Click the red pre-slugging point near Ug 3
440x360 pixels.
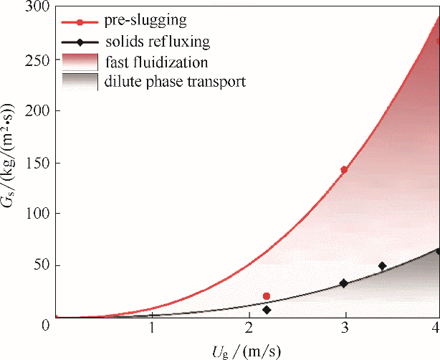tap(344, 170)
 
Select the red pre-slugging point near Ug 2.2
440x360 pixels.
tap(267, 296)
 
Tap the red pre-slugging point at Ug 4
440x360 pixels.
tap(437, 41)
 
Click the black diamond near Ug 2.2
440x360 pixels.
tap(267, 310)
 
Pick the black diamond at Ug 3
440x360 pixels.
tap(344, 283)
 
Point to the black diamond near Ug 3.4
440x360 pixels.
tap(382, 266)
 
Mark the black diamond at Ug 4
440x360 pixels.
tap(437, 251)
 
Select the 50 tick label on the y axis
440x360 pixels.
tap(37, 265)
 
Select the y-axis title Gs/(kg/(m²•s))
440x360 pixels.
tap(10, 161)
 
